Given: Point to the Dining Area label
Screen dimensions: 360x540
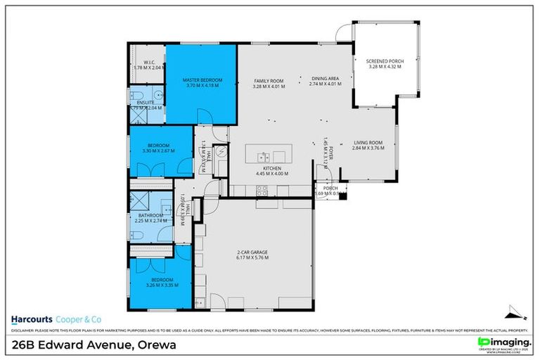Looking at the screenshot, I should [325, 81].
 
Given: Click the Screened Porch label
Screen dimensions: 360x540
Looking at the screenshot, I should [383, 64].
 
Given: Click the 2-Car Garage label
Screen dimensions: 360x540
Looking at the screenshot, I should [252, 255].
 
